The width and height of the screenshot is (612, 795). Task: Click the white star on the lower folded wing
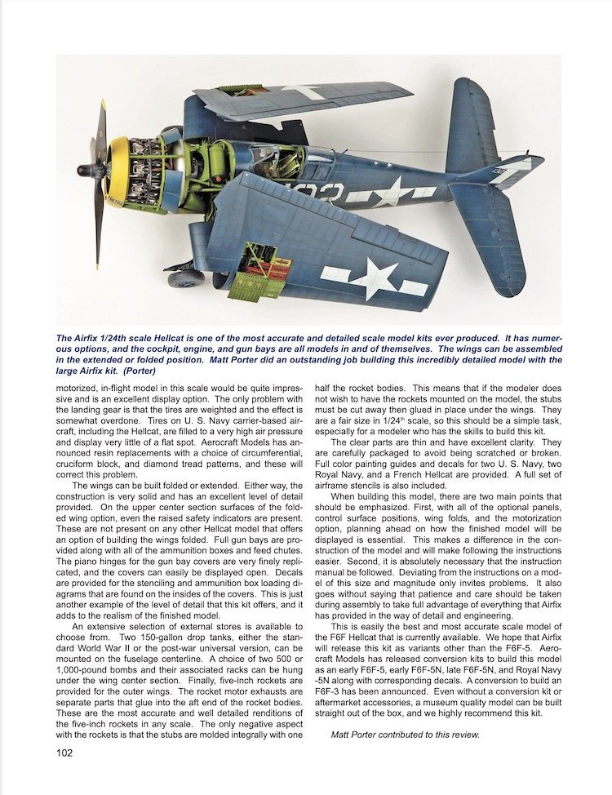pyautogui.click(x=372, y=278)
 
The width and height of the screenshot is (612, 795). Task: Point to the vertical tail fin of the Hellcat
pyautogui.click(x=462, y=122)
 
